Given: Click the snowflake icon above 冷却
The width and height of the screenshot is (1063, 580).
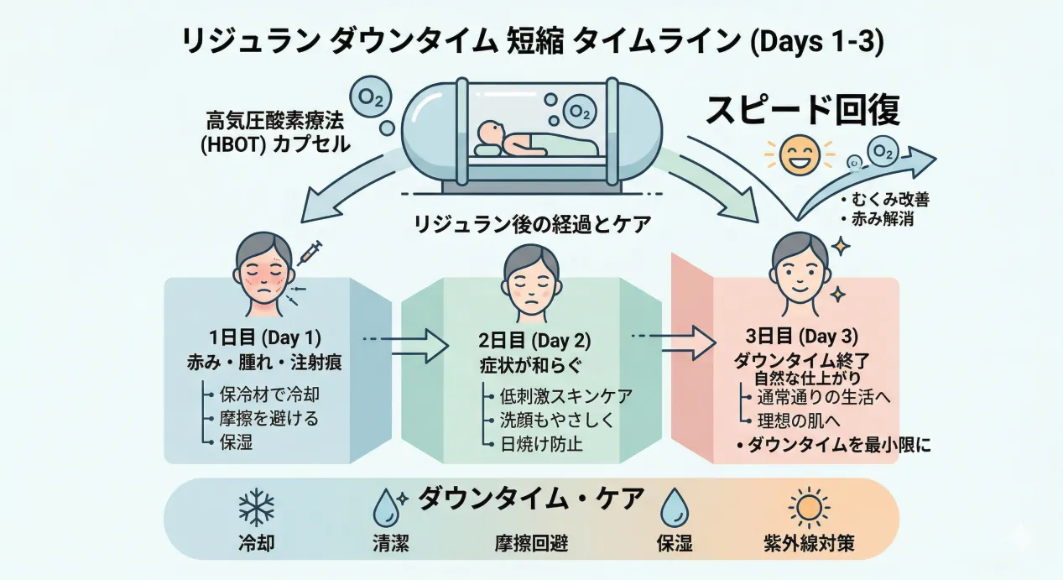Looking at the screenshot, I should tap(257, 509).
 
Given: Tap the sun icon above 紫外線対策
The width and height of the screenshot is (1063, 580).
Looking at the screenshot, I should tap(809, 508).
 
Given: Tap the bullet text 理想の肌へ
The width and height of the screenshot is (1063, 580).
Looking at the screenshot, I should tap(796, 420).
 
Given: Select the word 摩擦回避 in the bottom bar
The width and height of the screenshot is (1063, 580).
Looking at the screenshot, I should tap(531, 544).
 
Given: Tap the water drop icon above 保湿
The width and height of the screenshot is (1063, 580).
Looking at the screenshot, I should tap(674, 508).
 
